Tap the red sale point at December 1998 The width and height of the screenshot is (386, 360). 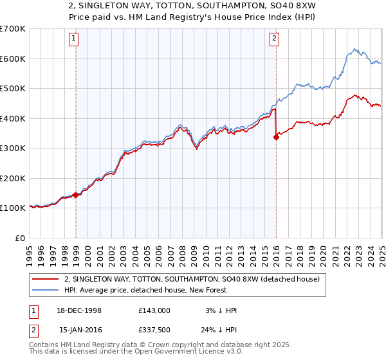76,195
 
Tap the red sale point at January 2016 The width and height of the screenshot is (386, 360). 277,136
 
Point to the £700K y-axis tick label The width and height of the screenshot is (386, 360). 13,29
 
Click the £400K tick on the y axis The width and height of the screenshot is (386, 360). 13,118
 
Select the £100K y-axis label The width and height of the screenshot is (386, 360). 13,208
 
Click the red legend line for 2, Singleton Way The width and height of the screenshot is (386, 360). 45,279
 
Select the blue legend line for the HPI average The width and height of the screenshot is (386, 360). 45,291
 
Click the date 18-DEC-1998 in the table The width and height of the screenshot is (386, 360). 80,310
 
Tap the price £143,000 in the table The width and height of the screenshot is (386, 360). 154,310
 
